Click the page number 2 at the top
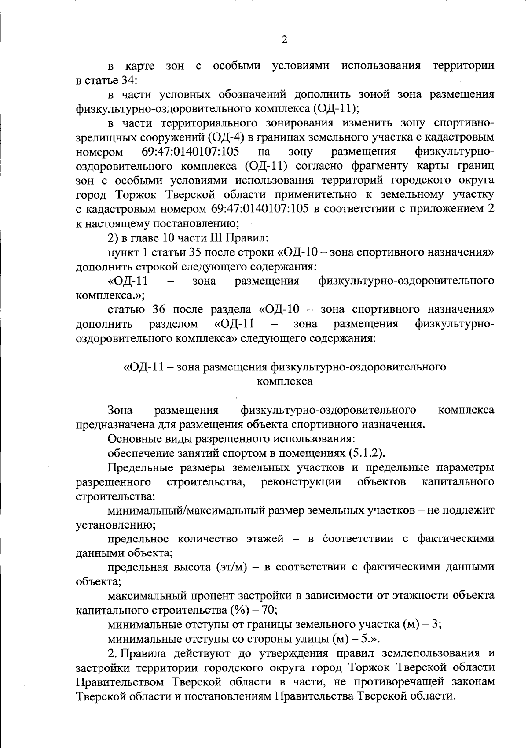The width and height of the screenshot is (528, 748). pos(284,40)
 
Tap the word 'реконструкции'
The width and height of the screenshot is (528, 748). pos(301,482)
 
